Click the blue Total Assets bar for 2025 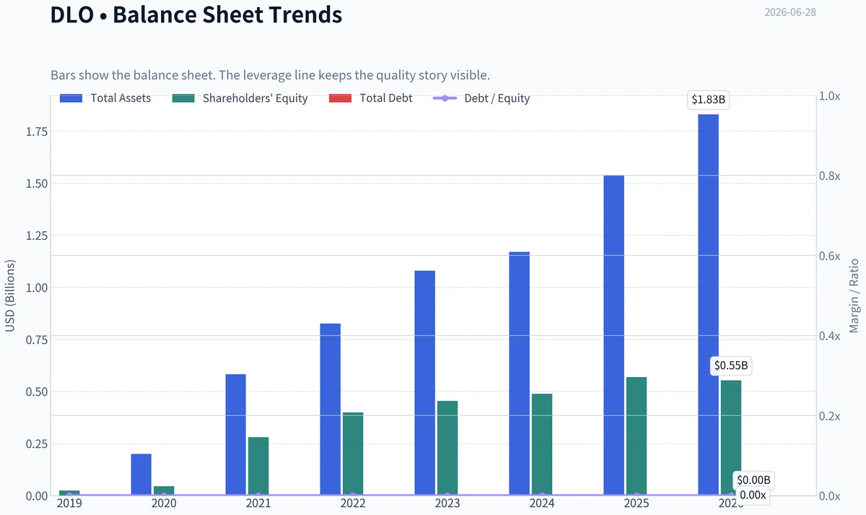(613, 335)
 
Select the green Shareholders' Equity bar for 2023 (447, 448)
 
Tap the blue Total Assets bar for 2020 (141, 475)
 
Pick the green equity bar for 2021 (258, 466)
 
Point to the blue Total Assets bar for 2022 (331, 409)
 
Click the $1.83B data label (708, 100)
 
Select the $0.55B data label (730, 365)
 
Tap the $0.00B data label (753, 480)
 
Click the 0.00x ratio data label (753, 495)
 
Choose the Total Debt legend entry (370, 98)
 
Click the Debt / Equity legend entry (481, 98)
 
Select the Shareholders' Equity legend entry (240, 98)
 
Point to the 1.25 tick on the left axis (37, 235)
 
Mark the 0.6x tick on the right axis (830, 256)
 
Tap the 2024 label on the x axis (542, 503)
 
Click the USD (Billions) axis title (9, 295)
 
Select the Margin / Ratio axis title (854, 295)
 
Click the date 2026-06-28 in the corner (790, 12)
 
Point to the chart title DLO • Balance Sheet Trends (196, 14)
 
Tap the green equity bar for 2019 (69, 493)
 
